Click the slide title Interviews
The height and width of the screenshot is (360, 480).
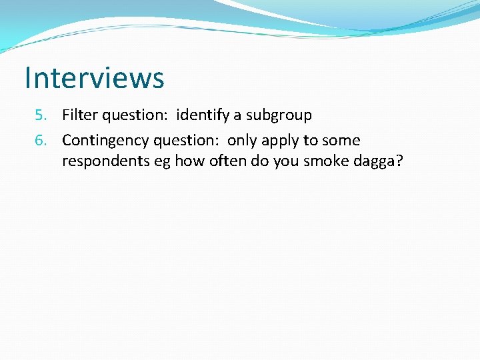coord(94,77)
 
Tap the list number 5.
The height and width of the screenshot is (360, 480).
coord(41,115)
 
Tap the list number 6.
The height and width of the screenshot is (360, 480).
coord(41,141)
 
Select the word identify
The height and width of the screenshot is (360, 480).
coord(202,115)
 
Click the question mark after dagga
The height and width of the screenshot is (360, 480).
coord(399,161)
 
